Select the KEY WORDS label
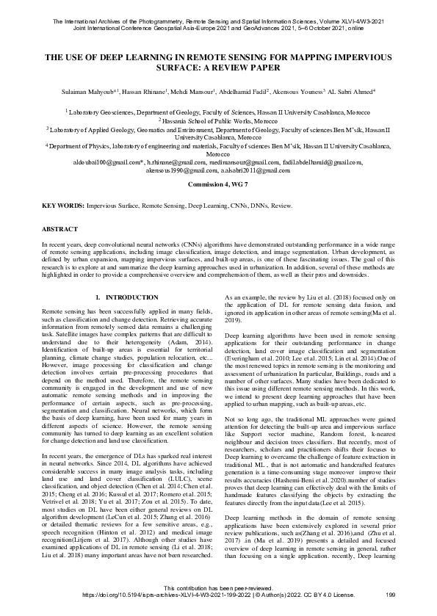point(63,207)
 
